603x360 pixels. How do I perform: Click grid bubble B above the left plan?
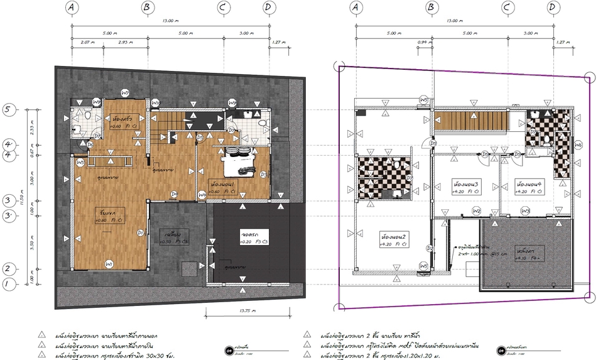(x=148, y=8)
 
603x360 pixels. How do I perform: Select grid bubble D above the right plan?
(x=552, y=8)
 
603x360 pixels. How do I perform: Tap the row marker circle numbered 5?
(x=8, y=109)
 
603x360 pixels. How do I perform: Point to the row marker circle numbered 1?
(x=8, y=285)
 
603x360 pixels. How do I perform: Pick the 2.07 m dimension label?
(x=87, y=43)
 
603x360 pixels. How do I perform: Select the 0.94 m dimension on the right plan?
(x=421, y=43)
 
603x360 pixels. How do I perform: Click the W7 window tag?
(x=125, y=93)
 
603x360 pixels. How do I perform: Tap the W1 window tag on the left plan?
(x=109, y=263)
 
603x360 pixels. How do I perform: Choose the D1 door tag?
(x=141, y=233)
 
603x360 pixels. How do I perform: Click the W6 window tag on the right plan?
(x=579, y=145)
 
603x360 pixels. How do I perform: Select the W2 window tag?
(x=477, y=210)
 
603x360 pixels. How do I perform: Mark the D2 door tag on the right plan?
(x=430, y=248)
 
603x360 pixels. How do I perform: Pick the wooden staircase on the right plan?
(x=470, y=120)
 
